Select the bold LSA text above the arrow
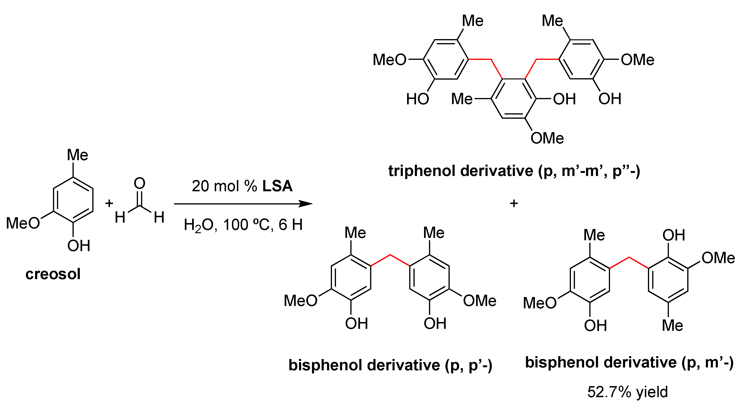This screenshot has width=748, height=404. (277, 186)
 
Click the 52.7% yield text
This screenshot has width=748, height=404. (627, 392)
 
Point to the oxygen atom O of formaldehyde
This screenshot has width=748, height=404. (139, 184)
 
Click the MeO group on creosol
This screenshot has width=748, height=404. (23, 223)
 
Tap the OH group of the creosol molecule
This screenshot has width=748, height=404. (78, 246)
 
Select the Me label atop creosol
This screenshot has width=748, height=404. (77, 155)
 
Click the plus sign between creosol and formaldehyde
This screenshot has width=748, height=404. (109, 203)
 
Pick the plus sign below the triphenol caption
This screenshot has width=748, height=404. (514, 203)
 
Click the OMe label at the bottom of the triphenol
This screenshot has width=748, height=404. (547, 138)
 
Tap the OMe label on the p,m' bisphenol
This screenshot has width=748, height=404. (718, 258)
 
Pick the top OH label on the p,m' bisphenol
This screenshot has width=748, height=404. (673, 235)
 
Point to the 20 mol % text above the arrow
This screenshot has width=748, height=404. (224, 186)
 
